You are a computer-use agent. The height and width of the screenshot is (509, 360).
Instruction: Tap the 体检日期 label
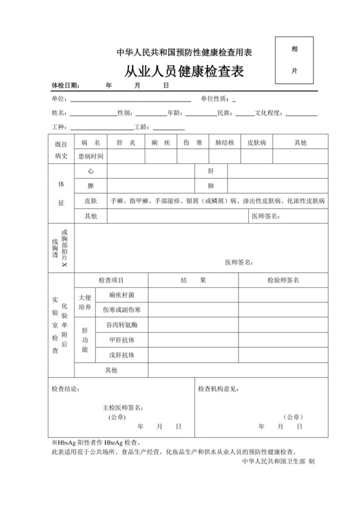(65, 85)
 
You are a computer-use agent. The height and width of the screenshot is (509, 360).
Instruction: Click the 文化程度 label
(269, 113)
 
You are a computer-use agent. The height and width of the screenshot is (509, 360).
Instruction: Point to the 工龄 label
(140, 127)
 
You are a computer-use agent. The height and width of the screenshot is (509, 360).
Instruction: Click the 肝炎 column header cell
(125, 142)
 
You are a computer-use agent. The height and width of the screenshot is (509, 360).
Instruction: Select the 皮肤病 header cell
(261, 142)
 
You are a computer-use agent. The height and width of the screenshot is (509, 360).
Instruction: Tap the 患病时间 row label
(91, 156)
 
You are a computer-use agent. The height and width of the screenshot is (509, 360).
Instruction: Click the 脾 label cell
(91, 186)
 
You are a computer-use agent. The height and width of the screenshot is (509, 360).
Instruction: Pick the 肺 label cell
(210, 186)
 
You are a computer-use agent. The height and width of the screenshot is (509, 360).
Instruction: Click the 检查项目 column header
(111, 280)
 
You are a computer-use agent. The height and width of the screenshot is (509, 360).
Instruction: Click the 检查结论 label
(66, 389)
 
